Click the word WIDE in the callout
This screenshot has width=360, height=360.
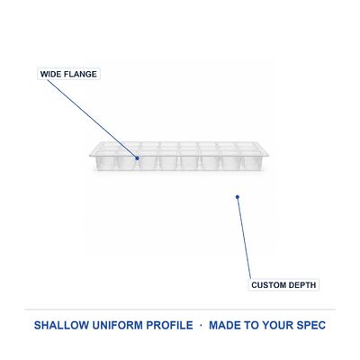point(49,74)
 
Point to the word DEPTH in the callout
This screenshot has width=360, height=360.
point(301,285)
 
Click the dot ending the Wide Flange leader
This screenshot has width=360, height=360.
point(137,158)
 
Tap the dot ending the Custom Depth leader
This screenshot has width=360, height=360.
point(238,197)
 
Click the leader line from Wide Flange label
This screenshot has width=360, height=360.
point(92,119)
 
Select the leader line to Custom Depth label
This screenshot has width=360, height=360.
point(244,238)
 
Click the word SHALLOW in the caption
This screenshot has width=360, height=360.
point(61,325)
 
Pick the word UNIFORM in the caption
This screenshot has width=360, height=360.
point(117,325)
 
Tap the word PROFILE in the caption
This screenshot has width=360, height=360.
point(169,325)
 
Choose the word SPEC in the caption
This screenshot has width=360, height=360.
point(311,325)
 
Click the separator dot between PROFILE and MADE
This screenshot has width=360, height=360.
point(201,325)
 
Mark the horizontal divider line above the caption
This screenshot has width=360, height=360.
point(180,309)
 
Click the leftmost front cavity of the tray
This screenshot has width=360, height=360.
point(105,162)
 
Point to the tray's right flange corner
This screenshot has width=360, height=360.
point(268,155)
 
